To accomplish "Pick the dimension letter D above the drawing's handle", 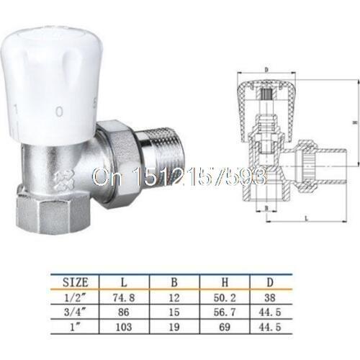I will [x=267, y=70].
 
